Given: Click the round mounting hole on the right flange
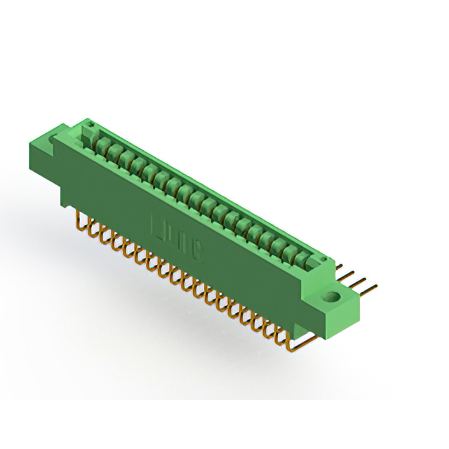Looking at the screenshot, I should pyautogui.click(x=332, y=297).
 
